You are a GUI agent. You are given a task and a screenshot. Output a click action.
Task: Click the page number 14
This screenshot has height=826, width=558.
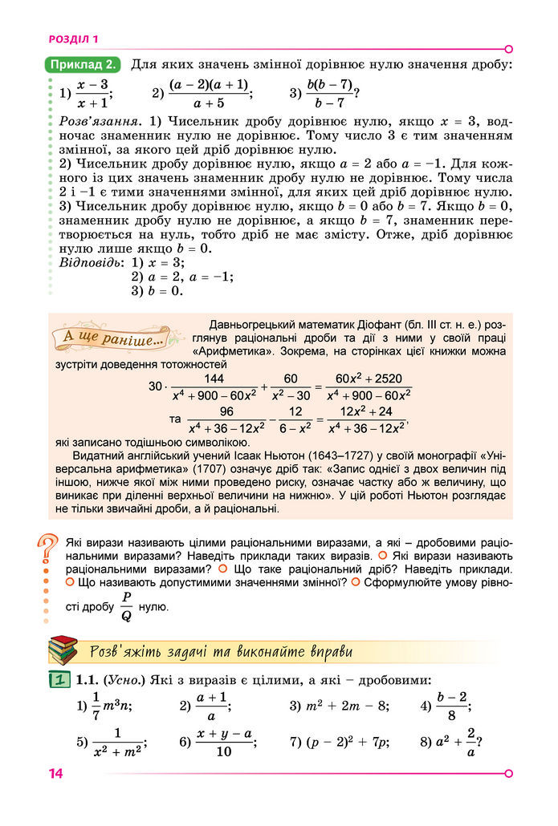coord(55,774)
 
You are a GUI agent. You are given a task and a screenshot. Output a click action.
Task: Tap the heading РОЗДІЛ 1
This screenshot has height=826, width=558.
coord(73,38)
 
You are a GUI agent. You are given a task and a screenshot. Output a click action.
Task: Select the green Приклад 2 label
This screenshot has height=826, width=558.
coord(83,64)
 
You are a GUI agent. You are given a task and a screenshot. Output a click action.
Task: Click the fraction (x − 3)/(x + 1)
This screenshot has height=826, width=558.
coord(92,93)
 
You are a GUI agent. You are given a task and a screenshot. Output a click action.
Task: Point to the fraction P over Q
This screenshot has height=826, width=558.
coord(126,608)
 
